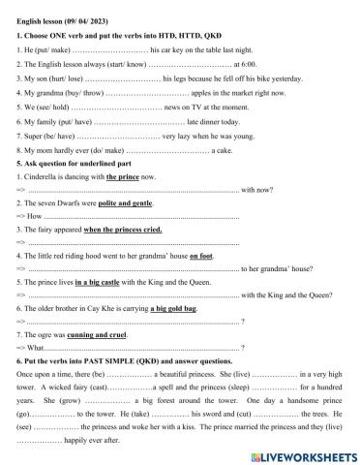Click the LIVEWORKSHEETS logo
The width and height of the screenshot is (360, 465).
pyautogui.click(x=301, y=453)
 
